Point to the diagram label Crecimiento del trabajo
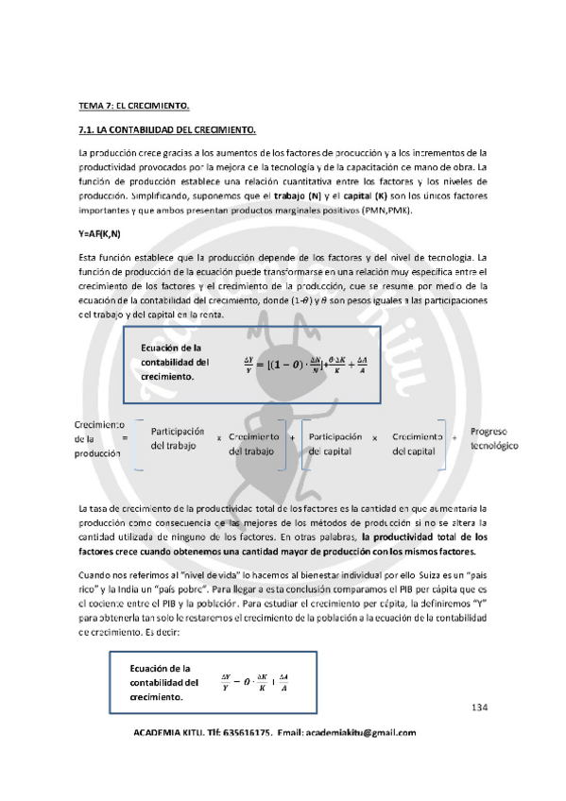253,444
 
